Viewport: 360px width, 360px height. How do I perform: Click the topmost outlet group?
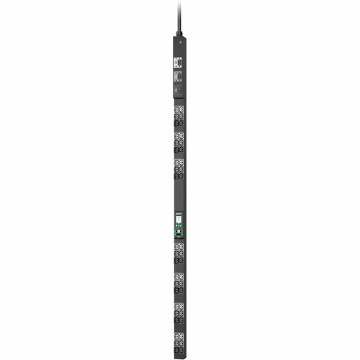[179, 113]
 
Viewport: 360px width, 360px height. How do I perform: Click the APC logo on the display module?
[179, 214]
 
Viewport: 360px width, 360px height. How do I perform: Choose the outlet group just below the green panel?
[179, 253]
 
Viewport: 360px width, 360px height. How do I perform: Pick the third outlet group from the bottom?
[179, 282]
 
